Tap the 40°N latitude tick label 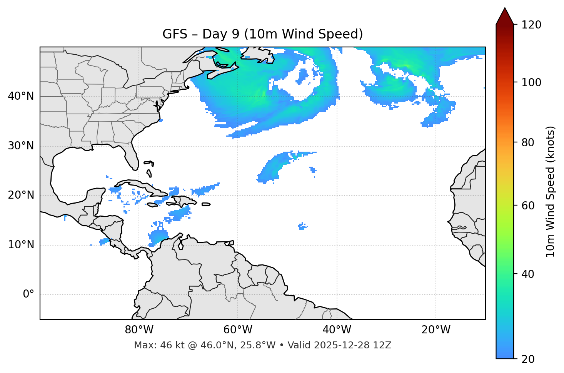click(21, 96)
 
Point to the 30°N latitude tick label click(21, 146)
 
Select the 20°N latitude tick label click(21, 195)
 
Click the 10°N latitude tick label click(21, 245)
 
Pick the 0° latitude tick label click(28, 294)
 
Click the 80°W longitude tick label click(139, 330)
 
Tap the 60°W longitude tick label click(238, 330)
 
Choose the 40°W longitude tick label click(337, 330)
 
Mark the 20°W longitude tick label click(436, 330)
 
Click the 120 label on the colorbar click(531, 25)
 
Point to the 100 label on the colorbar click(531, 82)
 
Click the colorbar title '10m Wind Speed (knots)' click(551, 191)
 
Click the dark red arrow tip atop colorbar click(505, 15)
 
